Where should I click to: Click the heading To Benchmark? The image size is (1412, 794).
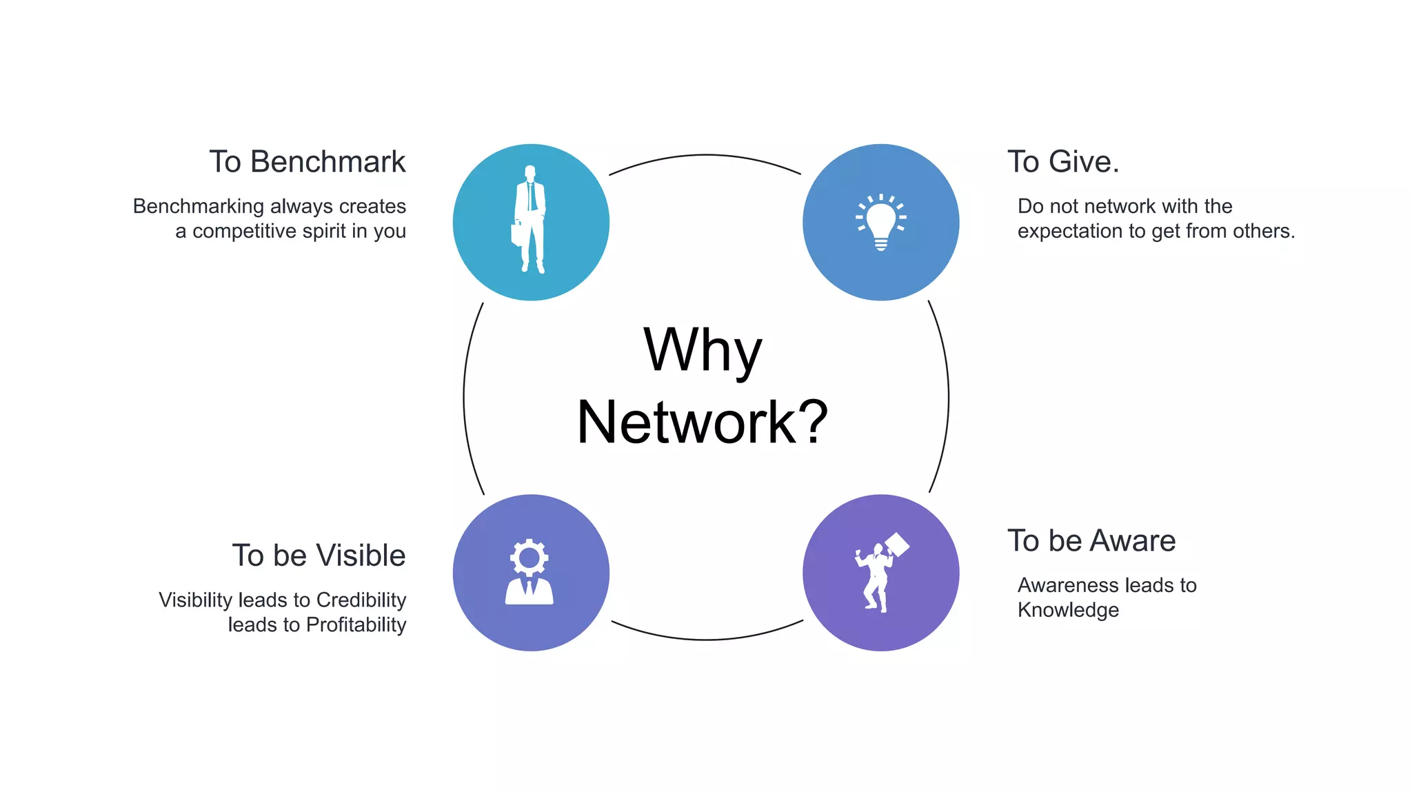[x=307, y=162]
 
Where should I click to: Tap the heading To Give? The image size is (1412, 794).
[x=1062, y=162]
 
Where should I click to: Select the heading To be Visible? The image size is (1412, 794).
[x=319, y=556]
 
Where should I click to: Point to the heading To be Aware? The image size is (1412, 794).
[x=1091, y=541]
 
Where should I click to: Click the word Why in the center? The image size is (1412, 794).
[x=703, y=350]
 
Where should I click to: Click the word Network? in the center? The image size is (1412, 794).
[x=703, y=422]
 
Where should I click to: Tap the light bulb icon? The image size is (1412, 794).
[x=881, y=222]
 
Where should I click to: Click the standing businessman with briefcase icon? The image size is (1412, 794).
[x=530, y=219]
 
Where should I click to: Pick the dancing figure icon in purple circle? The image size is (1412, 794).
[x=879, y=573]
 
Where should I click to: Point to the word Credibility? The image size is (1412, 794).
[x=361, y=600]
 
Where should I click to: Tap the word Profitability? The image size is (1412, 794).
[x=356, y=624]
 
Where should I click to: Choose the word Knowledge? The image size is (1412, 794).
[x=1068, y=610]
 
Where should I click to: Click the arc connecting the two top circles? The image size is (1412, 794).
[x=705, y=155]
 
